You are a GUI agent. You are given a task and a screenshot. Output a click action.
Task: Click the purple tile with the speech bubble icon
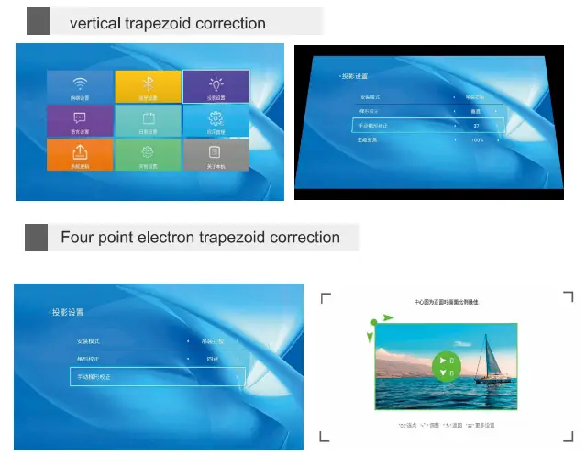(x=80, y=120)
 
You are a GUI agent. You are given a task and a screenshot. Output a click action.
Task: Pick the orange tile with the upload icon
(x=80, y=154)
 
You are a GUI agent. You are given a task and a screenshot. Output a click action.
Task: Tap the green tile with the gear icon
(x=148, y=154)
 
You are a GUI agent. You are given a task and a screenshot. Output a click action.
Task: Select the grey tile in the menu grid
(x=216, y=154)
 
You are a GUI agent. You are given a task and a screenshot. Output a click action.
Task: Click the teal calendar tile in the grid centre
(x=148, y=120)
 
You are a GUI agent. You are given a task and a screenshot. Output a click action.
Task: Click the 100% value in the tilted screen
(x=477, y=140)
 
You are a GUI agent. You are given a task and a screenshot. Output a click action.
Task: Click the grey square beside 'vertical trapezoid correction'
(x=38, y=21)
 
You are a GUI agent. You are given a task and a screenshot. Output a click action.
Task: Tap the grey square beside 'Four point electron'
(x=36, y=237)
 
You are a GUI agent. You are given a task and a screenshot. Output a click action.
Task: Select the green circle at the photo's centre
(x=445, y=364)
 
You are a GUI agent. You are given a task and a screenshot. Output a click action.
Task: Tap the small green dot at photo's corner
(x=374, y=323)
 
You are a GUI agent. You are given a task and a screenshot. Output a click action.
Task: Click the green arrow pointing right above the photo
(x=389, y=317)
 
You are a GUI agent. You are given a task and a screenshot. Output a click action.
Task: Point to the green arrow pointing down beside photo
(x=370, y=338)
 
